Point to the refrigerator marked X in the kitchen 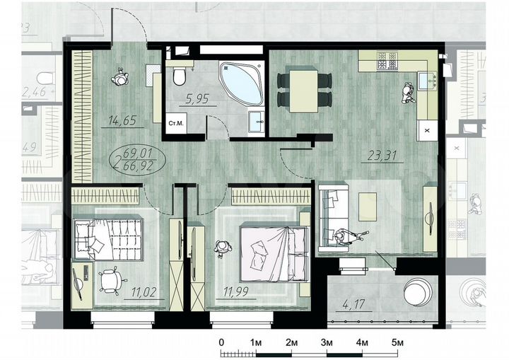[x=426, y=130]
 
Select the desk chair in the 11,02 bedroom [x=110, y=280]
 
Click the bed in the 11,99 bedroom [x=272, y=252]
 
